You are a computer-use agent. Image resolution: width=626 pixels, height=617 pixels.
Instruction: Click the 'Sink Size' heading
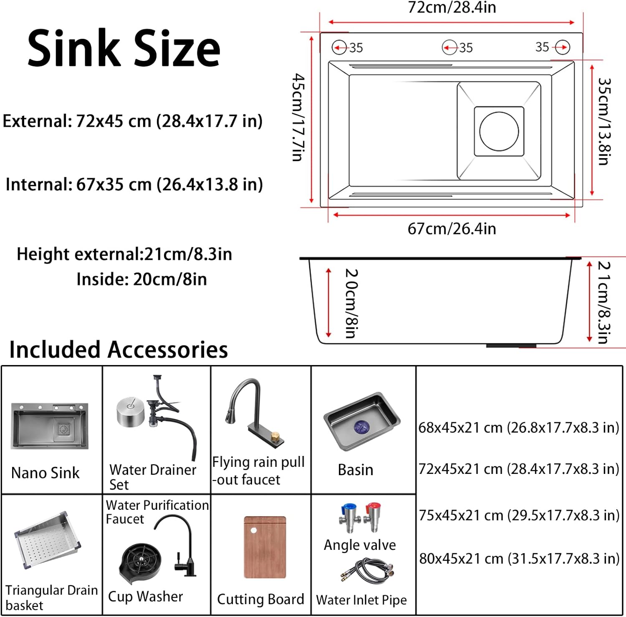click(x=124, y=49)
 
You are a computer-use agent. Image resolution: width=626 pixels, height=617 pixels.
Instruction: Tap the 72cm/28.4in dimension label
click(x=452, y=8)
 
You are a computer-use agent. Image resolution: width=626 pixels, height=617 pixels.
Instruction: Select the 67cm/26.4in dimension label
click(x=452, y=229)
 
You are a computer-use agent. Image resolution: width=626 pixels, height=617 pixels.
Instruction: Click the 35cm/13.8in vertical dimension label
click(x=604, y=121)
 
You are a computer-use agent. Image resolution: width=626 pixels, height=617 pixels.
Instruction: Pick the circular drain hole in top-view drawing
click(x=499, y=131)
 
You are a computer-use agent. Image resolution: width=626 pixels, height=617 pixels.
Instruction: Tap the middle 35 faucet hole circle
click(x=449, y=48)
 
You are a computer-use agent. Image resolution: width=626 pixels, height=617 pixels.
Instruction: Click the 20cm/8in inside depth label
click(x=351, y=303)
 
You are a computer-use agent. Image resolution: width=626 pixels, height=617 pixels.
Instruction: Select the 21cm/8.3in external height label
click(x=604, y=302)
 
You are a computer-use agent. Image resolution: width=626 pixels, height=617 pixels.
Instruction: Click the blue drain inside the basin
click(x=361, y=427)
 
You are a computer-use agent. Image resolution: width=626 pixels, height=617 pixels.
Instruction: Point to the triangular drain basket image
click(x=47, y=540)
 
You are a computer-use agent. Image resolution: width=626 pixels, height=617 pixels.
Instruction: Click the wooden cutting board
click(x=265, y=547)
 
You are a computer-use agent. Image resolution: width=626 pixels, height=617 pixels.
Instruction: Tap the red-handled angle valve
click(x=372, y=517)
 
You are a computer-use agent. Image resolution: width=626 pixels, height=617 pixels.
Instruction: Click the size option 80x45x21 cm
click(x=519, y=559)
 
